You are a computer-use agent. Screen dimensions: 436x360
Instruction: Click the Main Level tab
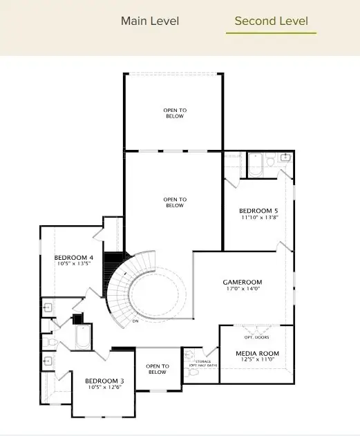[x=150, y=21]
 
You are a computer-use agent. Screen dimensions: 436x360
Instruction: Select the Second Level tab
[x=271, y=21]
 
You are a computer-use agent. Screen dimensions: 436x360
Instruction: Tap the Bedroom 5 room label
[x=259, y=211]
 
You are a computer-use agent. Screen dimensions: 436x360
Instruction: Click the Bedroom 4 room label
[x=74, y=258]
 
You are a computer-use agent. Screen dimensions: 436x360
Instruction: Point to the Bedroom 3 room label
[x=104, y=381]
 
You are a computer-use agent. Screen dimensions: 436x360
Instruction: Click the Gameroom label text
[x=242, y=282]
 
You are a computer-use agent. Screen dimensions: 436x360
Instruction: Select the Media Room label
[x=256, y=353]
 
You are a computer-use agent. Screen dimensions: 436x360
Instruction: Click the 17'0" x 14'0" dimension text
[x=242, y=290]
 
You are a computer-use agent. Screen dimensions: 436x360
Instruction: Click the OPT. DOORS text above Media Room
[x=256, y=338]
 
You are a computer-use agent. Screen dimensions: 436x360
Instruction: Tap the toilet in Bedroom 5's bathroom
[x=272, y=160]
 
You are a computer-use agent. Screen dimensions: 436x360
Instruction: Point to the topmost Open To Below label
[x=174, y=113]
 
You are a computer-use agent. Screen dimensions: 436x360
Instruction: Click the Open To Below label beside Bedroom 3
[x=158, y=369]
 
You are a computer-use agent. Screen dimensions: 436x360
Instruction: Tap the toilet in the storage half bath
[x=193, y=372]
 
